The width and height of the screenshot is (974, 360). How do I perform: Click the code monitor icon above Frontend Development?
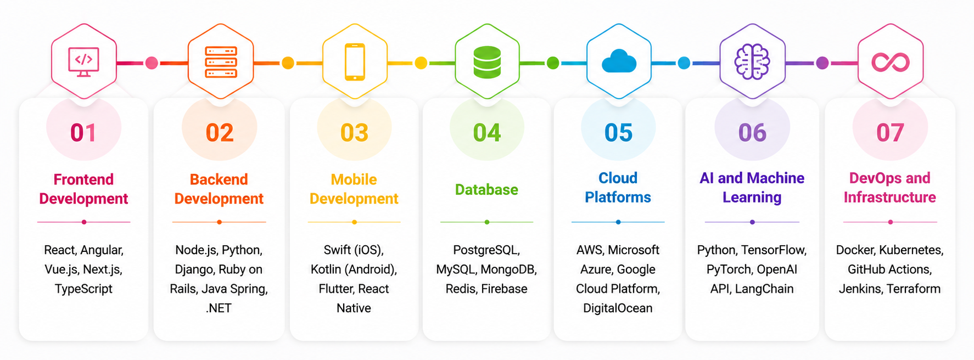(x=83, y=62)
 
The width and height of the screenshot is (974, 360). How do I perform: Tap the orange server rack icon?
(x=221, y=62)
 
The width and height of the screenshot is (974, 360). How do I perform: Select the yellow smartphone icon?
(x=355, y=62)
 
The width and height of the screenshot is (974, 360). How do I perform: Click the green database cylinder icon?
(x=487, y=62)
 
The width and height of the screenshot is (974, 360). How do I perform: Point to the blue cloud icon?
(x=619, y=61)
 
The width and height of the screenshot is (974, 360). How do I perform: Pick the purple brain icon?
(x=752, y=62)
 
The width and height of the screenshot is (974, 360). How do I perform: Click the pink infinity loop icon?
(x=890, y=62)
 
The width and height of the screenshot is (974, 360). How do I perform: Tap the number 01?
(x=83, y=133)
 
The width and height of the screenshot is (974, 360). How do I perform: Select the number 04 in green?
(x=487, y=133)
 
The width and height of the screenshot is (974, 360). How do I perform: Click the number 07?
(x=890, y=133)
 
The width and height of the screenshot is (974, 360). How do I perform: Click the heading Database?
(x=486, y=190)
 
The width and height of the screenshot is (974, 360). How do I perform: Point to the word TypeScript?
(x=83, y=289)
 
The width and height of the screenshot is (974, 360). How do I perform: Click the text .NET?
(x=219, y=308)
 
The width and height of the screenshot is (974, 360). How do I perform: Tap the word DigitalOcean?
(x=618, y=308)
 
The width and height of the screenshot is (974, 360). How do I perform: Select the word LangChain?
(x=764, y=289)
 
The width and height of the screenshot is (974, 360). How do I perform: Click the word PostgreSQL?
(x=486, y=250)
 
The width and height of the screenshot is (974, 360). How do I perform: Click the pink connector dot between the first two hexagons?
(x=152, y=63)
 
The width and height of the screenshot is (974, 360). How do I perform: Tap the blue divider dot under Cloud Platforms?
(x=618, y=222)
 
